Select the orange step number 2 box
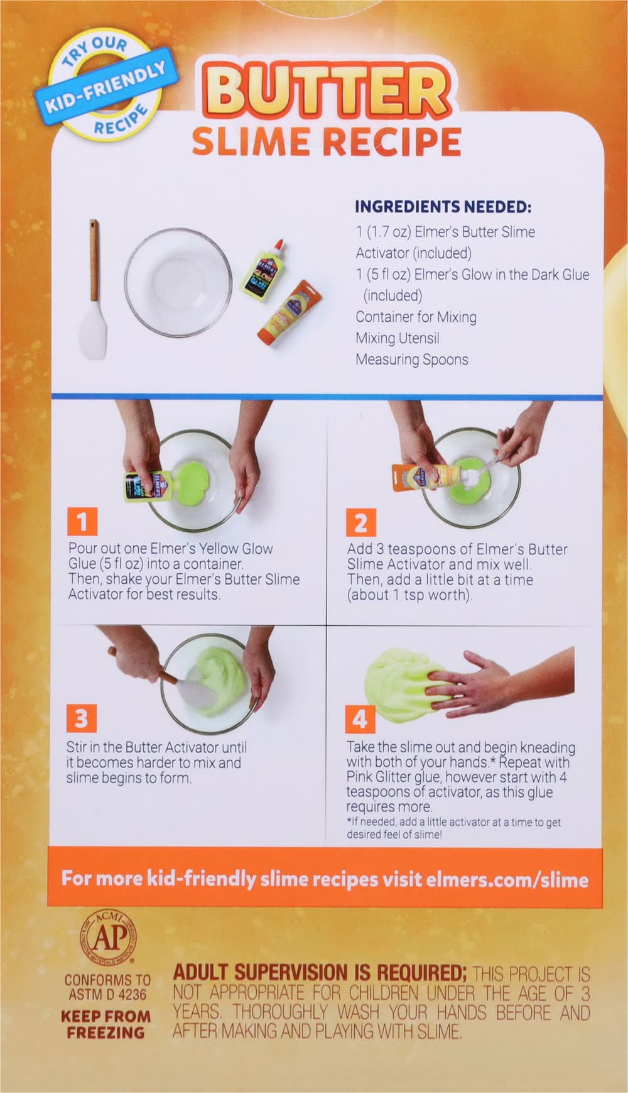tap(360, 522)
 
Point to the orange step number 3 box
tap(82, 718)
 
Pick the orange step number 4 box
tap(360, 718)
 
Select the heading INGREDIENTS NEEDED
tap(443, 207)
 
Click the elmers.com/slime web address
tap(507, 878)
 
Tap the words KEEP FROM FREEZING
tap(106, 1024)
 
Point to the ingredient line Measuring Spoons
tap(412, 360)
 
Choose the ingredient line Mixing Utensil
tap(398, 338)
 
